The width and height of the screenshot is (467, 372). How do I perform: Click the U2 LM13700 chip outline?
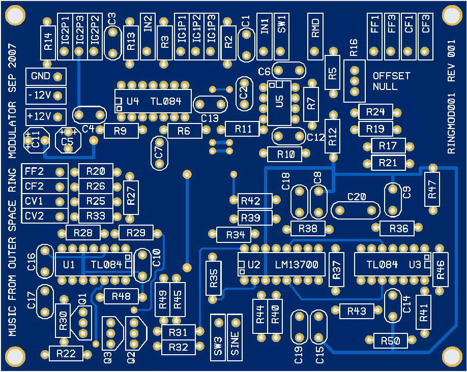281,264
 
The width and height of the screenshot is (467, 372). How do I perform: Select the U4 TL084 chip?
153,101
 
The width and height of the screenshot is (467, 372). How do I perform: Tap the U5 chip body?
279,102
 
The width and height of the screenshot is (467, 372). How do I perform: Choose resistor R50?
391,340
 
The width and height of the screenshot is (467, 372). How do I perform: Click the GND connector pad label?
41,76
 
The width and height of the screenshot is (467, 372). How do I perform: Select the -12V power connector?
41,95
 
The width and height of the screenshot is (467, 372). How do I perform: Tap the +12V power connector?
41,114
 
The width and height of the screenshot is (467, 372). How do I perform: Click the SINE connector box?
236,336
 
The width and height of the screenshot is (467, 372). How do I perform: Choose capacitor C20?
356,208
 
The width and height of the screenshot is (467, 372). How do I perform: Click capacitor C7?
160,151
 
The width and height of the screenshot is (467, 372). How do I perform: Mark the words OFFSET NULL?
391,81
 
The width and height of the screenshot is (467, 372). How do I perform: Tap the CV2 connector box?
41,215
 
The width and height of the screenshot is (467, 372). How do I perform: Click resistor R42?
251,201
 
